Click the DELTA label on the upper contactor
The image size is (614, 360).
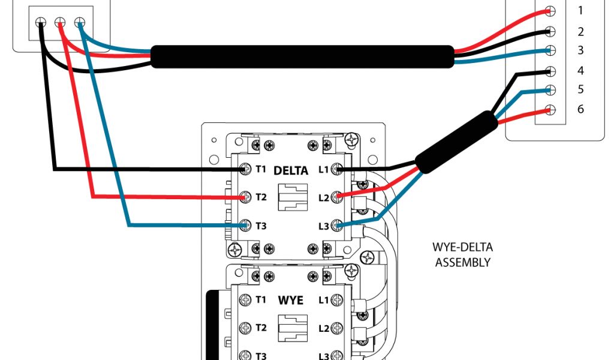point(291,170)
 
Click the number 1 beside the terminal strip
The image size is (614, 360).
point(580,10)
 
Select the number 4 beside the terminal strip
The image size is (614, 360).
point(580,71)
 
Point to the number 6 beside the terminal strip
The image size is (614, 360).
point(580,110)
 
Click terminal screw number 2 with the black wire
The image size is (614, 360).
point(550,31)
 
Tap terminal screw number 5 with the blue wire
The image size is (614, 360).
point(550,91)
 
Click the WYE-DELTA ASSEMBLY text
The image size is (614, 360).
point(462,254)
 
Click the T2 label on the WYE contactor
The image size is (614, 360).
point(261,328)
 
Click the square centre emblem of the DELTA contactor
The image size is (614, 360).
point(293,197)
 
